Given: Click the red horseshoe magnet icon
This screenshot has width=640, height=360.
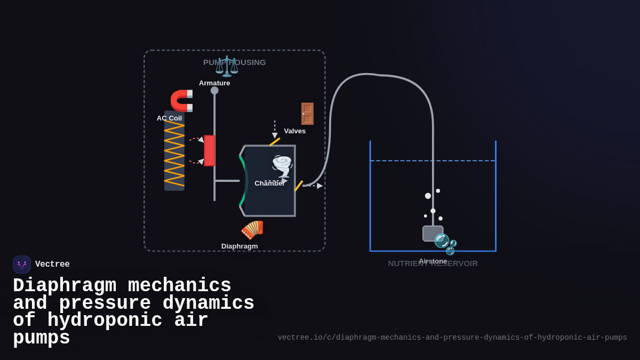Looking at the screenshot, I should [x=182, y=101].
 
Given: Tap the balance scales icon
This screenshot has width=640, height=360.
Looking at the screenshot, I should [x=227, y=66].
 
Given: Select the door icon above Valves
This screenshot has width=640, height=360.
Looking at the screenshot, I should [x=307, y=114].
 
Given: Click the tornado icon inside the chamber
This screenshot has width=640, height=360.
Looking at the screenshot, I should [x=282, y=166].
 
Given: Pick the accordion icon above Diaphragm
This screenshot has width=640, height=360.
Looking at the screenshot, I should [x=252, y=230].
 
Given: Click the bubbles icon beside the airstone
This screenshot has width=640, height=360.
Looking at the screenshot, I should [x=445, y=244].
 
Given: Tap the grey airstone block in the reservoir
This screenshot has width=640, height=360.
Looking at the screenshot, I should [x=432, y=233].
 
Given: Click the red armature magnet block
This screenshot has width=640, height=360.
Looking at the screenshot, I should [x=209, y=150].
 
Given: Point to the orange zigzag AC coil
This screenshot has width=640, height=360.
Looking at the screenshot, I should [x=174, y=154].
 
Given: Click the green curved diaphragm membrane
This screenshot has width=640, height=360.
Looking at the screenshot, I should [x=244, y=181].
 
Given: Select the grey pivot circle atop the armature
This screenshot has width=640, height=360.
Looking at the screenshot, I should [x=214, y=91].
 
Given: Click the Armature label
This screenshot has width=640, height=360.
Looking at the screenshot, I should [x=214, y=83].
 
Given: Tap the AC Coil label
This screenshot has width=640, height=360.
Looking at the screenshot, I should [x=169, y=118].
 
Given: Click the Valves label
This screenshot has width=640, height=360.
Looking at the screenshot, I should [x=294, y=131].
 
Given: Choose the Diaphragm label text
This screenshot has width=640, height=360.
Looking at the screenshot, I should [x=239, y=246].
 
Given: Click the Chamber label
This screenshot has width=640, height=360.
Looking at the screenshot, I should [x=269, y=183].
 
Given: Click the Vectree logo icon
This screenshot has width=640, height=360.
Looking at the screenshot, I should [x=22, y=265].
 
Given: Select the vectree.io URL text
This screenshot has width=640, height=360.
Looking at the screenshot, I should [x=452, y=338].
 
